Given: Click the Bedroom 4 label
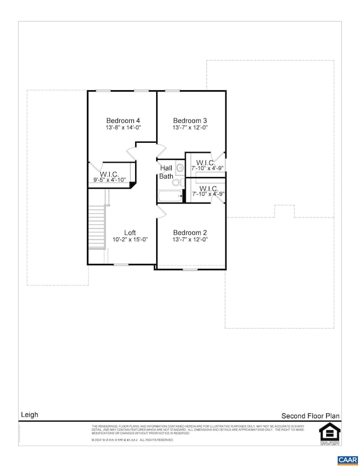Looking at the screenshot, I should point(123,121).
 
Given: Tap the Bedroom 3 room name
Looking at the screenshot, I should point(190,121).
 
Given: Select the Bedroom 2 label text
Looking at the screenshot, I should point(190,232).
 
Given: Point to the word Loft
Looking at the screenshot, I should point(130,232).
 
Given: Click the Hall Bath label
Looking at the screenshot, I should point(166,172).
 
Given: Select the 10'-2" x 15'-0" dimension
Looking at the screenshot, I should point(130,240).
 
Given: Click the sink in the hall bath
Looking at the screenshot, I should point(179,168).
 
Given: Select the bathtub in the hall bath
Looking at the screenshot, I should point(170,196).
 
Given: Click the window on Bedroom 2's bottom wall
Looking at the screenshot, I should point(190,269).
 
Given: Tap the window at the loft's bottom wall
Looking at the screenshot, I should point(121,264).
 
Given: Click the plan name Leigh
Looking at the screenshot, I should point(29,414).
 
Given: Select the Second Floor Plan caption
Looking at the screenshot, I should point(310,416).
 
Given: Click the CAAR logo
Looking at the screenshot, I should point(347,459).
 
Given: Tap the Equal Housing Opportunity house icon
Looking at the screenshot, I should point(328,431).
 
